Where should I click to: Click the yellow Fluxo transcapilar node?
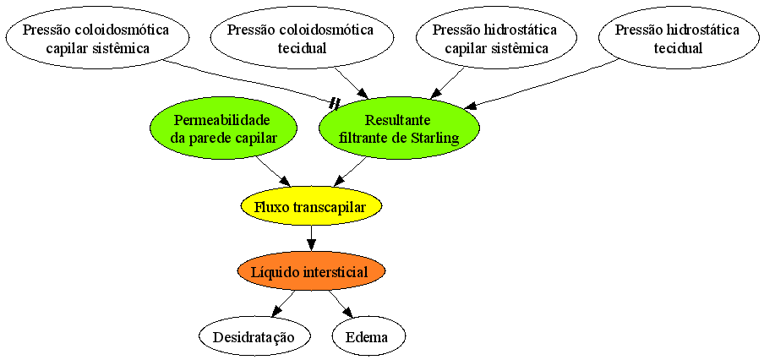click(311, 207)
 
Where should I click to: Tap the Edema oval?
click(368, 337)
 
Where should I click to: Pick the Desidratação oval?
click(254, 337)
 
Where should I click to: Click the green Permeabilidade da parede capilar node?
click(224, 128)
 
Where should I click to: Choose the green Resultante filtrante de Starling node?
click(399, 128)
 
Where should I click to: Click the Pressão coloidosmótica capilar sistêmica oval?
click(96, 40)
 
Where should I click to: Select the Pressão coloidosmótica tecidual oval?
click(301, 40)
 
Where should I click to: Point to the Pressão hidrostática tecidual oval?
click(677, 40)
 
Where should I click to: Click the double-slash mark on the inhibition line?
click(335, 103)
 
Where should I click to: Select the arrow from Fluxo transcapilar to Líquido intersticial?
click(311, 239)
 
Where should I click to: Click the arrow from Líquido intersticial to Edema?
click(339, 304)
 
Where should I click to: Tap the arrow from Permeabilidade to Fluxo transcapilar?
click(273, 171)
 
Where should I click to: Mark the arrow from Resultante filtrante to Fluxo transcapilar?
click(349, 172)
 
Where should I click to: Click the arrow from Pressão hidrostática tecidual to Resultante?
click(543, 84)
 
